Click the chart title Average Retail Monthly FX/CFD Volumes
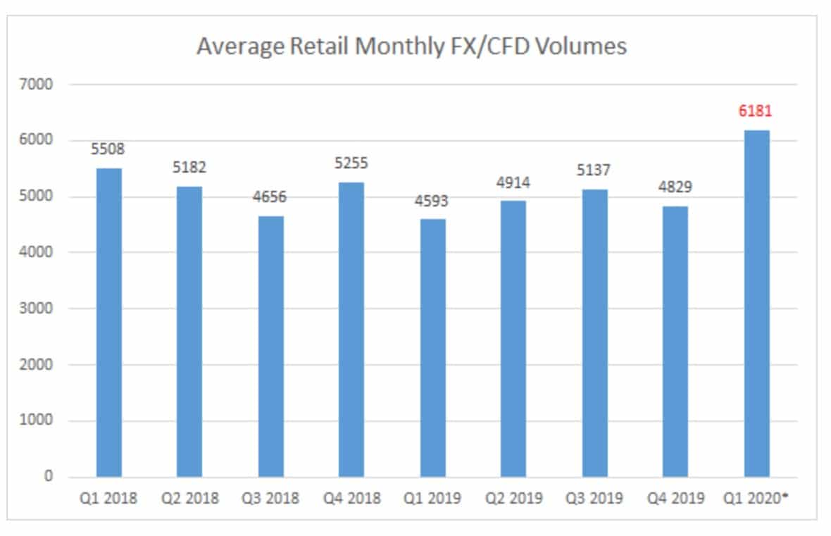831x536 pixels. (411, 46)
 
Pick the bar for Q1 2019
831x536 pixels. (433, 348)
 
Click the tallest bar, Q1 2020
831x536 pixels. (756, 304)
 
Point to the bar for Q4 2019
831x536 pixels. (675, 342)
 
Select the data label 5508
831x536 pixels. (108, 149)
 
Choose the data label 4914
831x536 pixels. (513, 182)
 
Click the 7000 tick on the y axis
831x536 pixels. (39, 85)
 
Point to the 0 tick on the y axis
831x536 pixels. (49, 477)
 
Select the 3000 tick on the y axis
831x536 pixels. (39, 308)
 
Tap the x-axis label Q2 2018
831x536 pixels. (190, 499)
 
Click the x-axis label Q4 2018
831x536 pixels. (352, 499)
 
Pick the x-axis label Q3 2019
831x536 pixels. (594, 499)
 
